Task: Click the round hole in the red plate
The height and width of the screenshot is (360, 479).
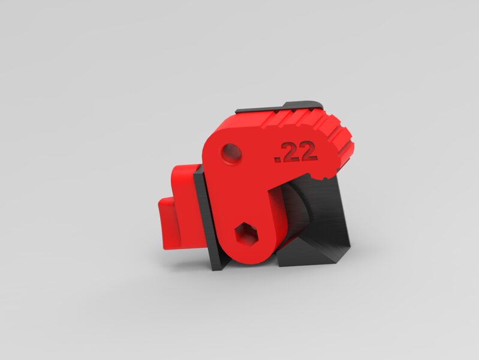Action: coord(231,153)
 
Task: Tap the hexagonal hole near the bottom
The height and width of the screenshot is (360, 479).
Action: coord(246,234)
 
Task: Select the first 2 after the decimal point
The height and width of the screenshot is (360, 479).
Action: coord(289,152)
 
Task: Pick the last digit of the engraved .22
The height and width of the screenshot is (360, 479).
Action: coord(308,151)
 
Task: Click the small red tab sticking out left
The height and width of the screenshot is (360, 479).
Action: coord(168,223)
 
